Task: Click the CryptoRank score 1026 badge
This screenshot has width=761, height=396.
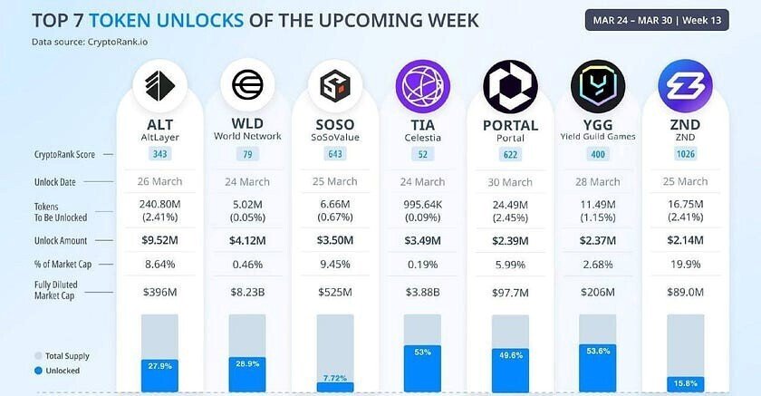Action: pos(686,155)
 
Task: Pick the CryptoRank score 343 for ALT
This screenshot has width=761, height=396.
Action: pos(160,155)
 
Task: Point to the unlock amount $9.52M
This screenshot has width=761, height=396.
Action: pos(160,240)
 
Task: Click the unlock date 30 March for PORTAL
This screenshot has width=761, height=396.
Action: pos(510,182)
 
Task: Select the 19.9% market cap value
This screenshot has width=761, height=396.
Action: pos(686,264)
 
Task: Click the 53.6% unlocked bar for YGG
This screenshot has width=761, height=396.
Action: pos(598,369)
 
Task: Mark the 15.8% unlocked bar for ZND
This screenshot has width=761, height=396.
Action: pos(686,382)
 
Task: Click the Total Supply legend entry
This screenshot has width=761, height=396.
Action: pos(64,356)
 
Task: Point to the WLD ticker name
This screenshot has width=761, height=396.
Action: pos(247,124)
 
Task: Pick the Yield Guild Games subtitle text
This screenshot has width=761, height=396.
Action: pos(598,137)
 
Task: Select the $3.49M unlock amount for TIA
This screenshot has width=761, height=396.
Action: pos(422,240)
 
